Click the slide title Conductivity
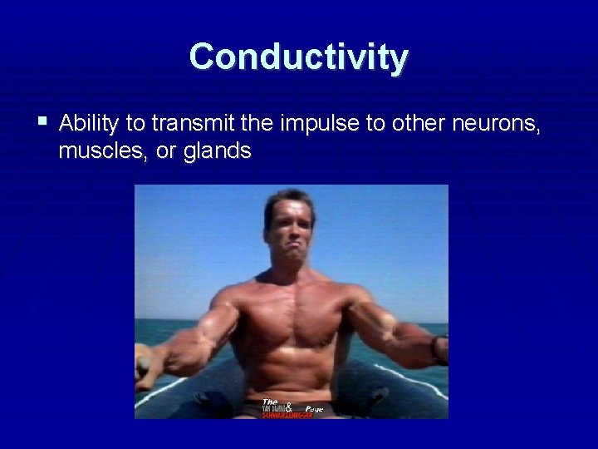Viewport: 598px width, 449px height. click(299, 57)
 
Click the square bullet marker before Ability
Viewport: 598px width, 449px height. click(42, 122)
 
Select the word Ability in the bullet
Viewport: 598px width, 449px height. click(89, 125)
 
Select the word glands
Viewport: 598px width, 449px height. click(218, 150)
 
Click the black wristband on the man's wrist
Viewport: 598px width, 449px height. click(434, 348)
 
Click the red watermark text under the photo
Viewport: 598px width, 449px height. click(287, 415)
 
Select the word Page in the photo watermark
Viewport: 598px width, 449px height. click(314, 409)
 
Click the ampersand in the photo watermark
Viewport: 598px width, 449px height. click(288, 407)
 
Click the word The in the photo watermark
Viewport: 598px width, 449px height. click(269, 402)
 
